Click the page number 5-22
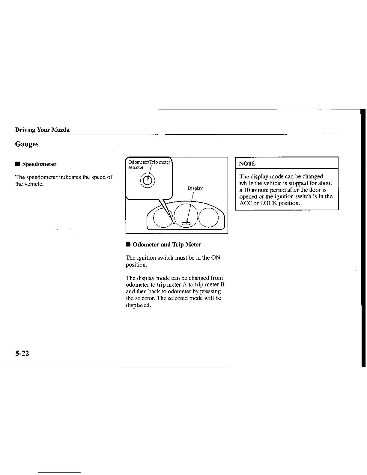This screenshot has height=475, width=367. [22, 354]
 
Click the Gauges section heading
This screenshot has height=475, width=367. [27, 144]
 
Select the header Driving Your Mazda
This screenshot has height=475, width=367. [42, 130]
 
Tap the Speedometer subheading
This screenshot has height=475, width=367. [39, 164]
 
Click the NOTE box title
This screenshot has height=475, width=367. [247, 163]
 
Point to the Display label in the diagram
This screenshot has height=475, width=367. [195, 188]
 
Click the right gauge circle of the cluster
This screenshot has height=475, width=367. [208, 217]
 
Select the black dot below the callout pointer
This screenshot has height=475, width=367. [174, 223]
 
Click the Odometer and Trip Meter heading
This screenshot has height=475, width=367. [167, 245]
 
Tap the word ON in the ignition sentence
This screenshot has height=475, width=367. [216, 258]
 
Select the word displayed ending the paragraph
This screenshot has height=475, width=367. [138, 305]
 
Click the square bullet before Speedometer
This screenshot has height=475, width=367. [18, 164]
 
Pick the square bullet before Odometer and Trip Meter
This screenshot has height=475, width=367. [128, 245]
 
